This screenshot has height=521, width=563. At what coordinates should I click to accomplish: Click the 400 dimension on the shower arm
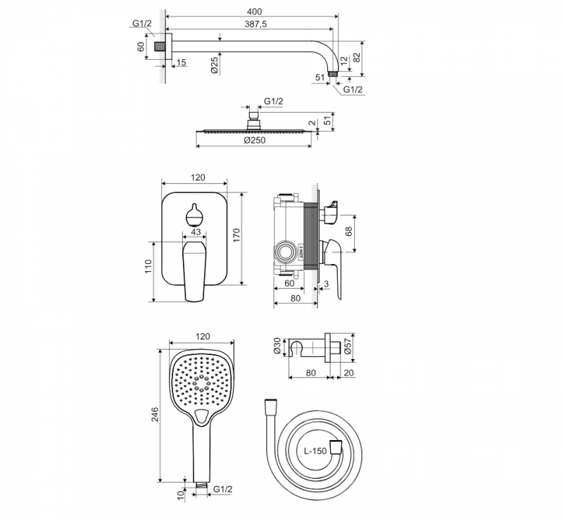254,11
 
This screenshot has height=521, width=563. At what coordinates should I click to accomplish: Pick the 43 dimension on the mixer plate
196,233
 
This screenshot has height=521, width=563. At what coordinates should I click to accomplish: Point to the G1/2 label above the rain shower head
273,102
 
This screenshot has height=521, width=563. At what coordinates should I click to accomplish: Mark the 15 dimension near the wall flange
181,63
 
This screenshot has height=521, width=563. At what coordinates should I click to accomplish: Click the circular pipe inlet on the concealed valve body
286,251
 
